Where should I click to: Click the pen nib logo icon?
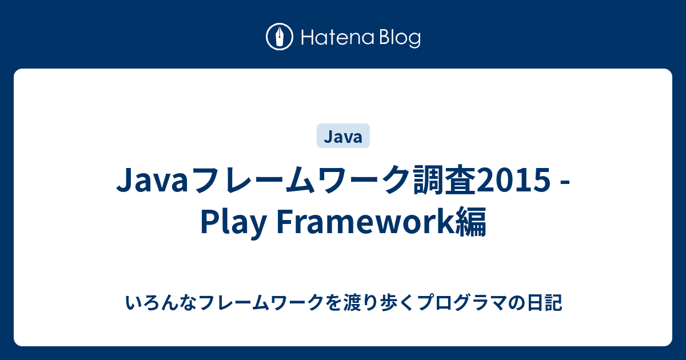coord(280,37)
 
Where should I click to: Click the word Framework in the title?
coord(366,222)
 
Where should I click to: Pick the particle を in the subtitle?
coord(335,302)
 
